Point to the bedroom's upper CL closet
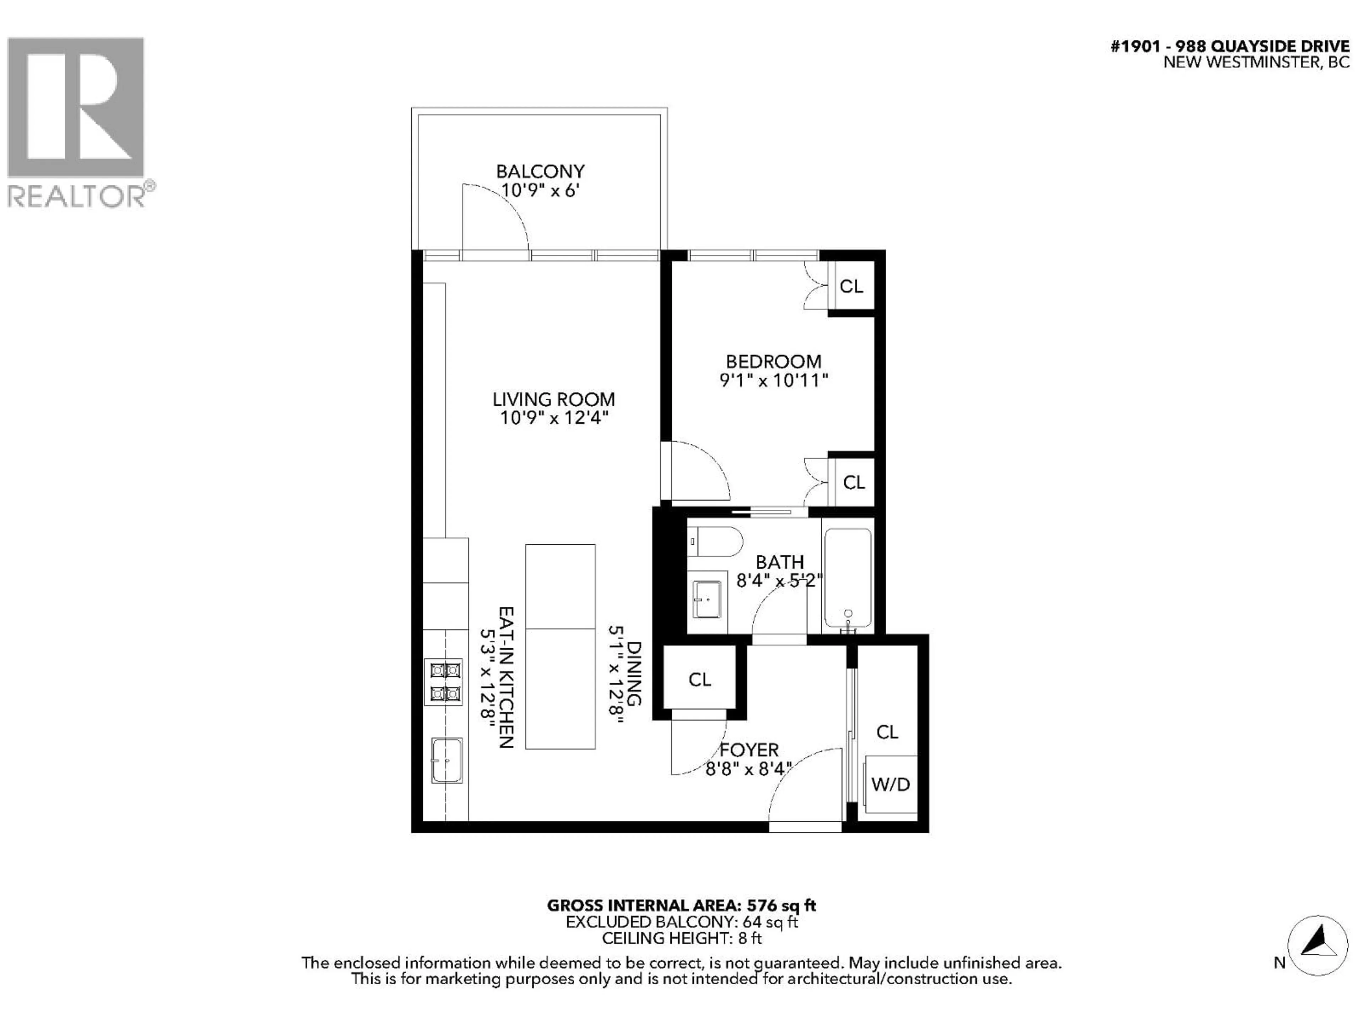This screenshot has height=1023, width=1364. [x=851, y=286]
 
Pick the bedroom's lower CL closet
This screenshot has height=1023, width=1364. [x=854, y=482]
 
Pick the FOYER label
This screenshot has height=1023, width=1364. [x=749, y=750]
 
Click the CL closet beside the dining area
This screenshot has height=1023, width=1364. [x=699, y=680]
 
